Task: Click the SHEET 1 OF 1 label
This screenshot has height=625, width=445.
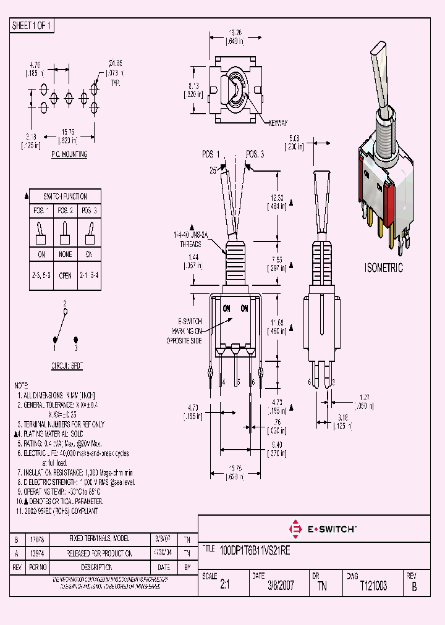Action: click(33, 25)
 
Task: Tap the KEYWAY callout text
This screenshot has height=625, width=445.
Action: click(278, 122)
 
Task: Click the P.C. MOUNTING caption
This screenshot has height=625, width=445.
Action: click(69, 154)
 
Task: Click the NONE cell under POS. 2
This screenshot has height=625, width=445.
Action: click(65, 254)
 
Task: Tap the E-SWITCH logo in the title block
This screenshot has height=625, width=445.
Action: click(321, 529)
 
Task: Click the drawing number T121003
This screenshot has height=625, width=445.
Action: click(373, 586)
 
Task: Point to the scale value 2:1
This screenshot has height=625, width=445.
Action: click(224, 586)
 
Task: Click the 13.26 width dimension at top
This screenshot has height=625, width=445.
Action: click(235, 33)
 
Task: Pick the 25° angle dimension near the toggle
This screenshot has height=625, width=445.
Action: click(214, 170)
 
